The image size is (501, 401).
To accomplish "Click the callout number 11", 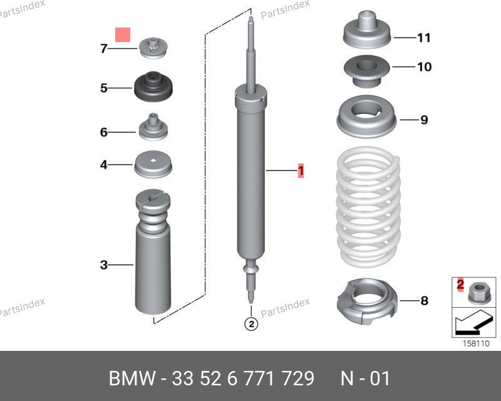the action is click(x=425, y=38).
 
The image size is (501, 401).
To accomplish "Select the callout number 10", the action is click(x=425, y=67).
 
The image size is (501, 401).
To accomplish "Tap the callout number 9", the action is click(x=424, y=120).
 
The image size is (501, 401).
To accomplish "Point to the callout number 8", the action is click(x=424, y=301).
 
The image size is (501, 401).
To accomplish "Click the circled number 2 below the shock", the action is click(x=251, y=325).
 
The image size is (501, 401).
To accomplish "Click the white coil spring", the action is click(x=368, y=207).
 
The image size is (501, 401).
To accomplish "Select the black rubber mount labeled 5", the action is click(x=153, y=86).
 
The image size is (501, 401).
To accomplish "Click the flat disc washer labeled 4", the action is click(x=153, y=164).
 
